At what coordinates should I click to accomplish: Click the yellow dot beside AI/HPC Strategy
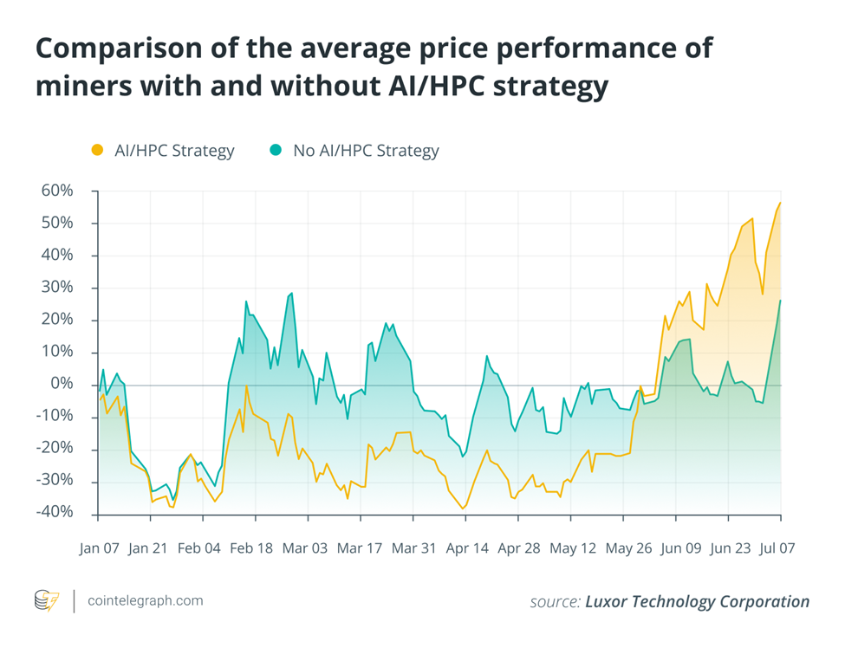click(x=97, y=151)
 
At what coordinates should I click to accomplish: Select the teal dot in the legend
click(x=276, y=151)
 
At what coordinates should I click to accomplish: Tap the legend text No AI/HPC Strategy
click(x=366, y=151)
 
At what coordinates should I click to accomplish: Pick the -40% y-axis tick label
click(x=55, y=513)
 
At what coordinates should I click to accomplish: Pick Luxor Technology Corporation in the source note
click(x=698, y=601)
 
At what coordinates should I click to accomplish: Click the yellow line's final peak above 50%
click(x=780, y=203)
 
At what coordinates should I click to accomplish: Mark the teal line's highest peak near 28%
click(x=291, y=293)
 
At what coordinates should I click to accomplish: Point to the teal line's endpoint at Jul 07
click(x=780, y=301)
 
